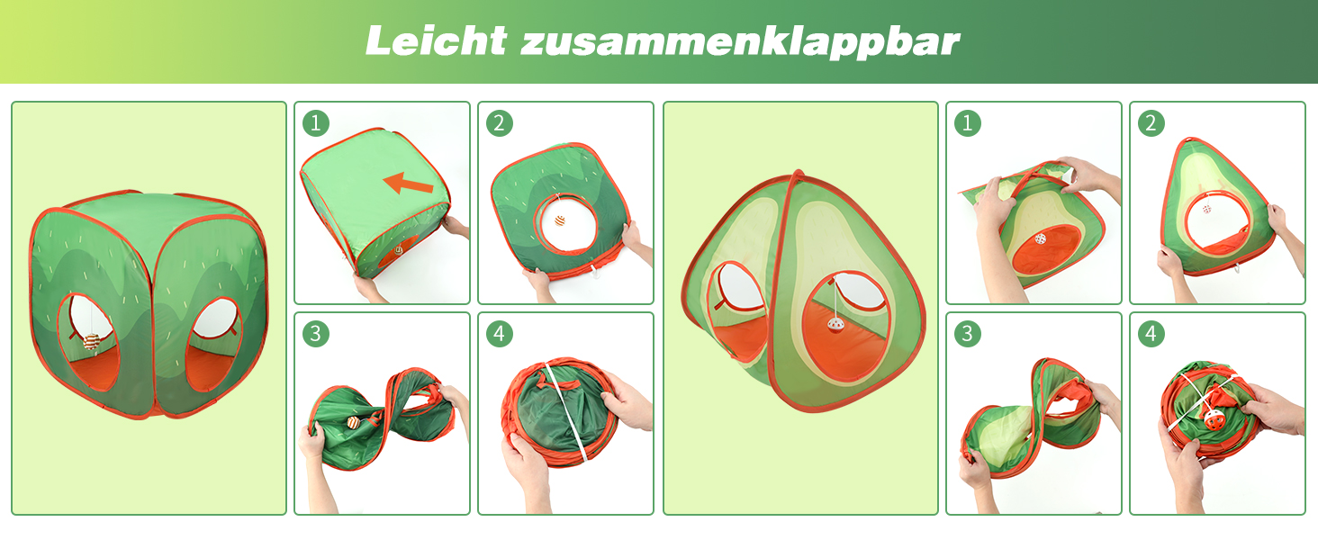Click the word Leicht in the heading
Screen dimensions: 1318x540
tap(436, 41)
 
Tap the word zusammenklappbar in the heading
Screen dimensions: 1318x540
tap(741, 42)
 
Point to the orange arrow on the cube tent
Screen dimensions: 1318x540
tap(407, 183)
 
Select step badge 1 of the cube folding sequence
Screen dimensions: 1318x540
tap(316, 123)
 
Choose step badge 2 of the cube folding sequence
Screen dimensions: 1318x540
tap(500, 123)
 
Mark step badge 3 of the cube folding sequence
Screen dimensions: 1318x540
tap(316, 334)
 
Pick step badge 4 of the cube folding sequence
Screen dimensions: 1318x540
tap(500, 334)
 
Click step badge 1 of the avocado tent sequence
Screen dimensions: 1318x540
tap(968, 123)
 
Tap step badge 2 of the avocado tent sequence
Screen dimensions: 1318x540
tap(1151, 123)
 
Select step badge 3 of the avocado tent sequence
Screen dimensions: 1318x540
tap(968, 334)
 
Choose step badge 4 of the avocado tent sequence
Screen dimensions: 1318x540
tap(1151, 334)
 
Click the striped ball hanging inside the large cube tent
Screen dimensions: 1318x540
tap(91, 342)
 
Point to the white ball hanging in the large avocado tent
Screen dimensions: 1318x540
tap(835, 325)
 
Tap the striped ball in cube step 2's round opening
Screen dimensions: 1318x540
tap(560, 220)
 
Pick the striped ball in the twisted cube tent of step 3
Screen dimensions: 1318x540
tap(353, 423)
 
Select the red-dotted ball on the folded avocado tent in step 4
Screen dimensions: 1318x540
tap(1212, 419)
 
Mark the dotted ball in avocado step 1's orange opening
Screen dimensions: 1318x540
tap(1041, 239)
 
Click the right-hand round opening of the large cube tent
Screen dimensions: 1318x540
tap(214, 344)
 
